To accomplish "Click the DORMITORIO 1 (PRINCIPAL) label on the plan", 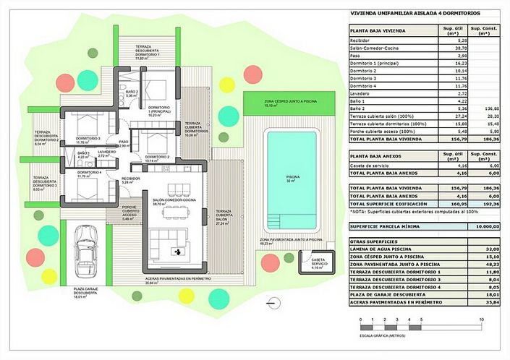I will [x=159, y=110].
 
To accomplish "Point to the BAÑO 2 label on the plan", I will [x=131, y=93].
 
